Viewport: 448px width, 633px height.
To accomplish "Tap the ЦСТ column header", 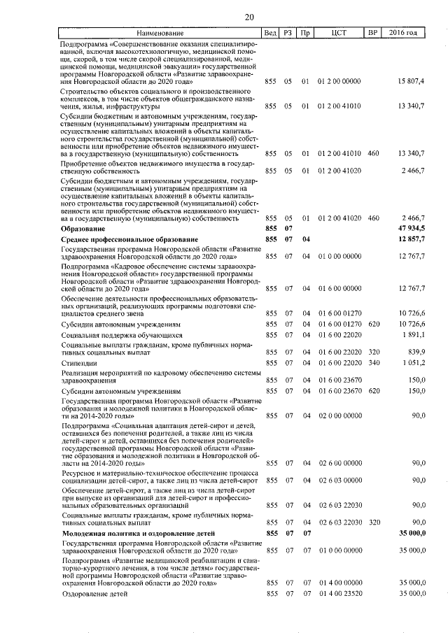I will tap(339, 33).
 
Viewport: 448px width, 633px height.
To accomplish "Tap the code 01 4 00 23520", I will tap(339, 593).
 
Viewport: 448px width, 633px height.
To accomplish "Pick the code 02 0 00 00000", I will tap(339, 415).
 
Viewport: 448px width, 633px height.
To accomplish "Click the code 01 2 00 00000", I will tap(339, 83).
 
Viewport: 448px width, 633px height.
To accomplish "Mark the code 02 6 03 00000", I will tap(339, 481).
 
